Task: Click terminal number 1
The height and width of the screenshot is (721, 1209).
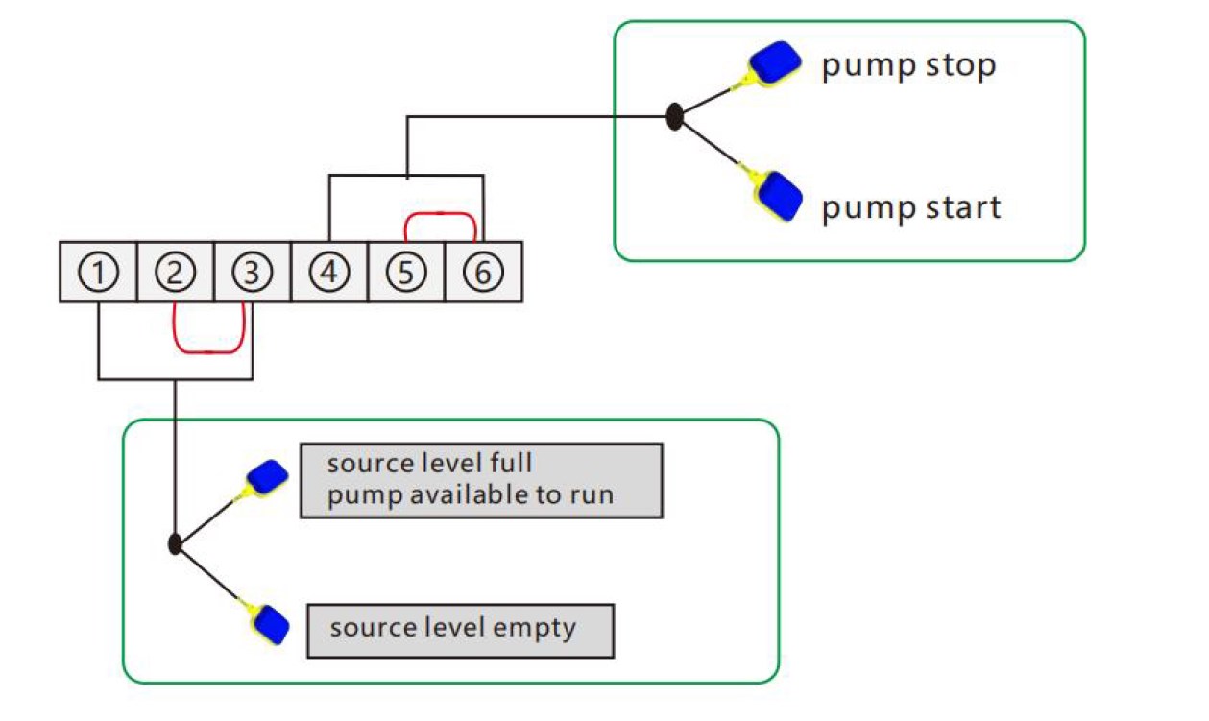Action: coord(98,273)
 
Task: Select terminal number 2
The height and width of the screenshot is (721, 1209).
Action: coord(175,273)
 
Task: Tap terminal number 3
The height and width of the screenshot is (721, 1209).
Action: coord(252,273)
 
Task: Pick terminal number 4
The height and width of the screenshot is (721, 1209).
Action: coord(329,273)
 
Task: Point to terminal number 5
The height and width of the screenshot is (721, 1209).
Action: coord(406,273)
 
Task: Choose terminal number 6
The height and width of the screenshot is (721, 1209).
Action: coord(483,273)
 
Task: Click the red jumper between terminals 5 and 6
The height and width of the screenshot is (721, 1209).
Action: coord(441,215)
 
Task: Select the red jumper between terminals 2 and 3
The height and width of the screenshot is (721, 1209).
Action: coord(210,350)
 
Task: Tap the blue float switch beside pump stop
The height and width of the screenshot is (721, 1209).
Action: coord(776,63)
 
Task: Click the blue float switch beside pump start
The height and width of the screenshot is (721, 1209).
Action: coord(778,196)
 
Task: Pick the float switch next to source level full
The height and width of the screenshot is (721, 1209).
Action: coord(267,476)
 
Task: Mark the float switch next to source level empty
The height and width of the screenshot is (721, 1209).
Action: coord(272,625)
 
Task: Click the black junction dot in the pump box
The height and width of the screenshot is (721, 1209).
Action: coord(675,117)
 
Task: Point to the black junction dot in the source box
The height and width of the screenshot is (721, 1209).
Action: coord(175,544)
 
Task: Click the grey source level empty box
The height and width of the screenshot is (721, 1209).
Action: coord(459,630)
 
